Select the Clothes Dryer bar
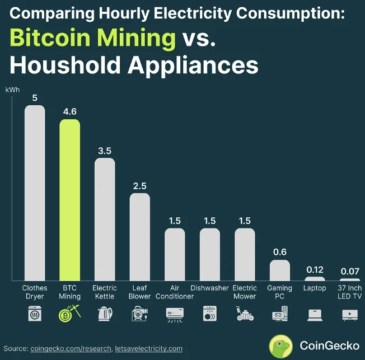coord(35,193)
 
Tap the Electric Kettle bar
coord(105,219)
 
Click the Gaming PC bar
coord(280,270)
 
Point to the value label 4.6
coord(70,111)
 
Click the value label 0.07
coord(350,271)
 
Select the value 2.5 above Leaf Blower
coord(140,185)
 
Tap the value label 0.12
coord(315,269)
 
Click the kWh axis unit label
coord(12,90)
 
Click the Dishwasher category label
coord(210,288)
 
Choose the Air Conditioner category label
coord(175,292)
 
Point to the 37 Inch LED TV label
coord(350,292)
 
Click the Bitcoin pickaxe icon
coord(70,314)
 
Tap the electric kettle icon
coord(105,314)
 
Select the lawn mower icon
coord(245,314)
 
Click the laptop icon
coord(315,315)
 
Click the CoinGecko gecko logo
coord(280,345)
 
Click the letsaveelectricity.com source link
coord(149,348)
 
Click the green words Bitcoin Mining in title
coord(92,38)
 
